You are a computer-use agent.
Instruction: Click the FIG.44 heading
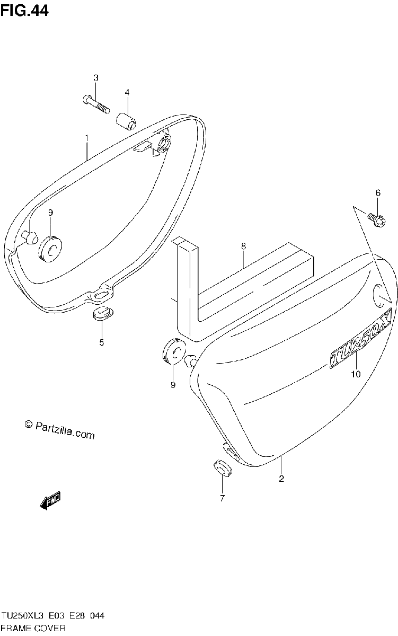pos(24,11)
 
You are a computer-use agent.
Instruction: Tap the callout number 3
pos(96,77)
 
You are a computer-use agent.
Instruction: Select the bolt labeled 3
pos(96,104)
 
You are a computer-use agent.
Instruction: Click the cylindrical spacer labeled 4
pos(126,121)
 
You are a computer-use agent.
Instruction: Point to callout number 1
pos(87,138)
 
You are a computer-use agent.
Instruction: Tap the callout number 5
pos(102,343)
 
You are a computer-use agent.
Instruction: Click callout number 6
pos(378,193)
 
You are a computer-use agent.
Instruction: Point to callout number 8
pos(244,246)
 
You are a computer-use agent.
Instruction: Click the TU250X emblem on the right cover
pos(360,338)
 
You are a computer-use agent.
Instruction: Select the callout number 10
pos(356,374)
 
